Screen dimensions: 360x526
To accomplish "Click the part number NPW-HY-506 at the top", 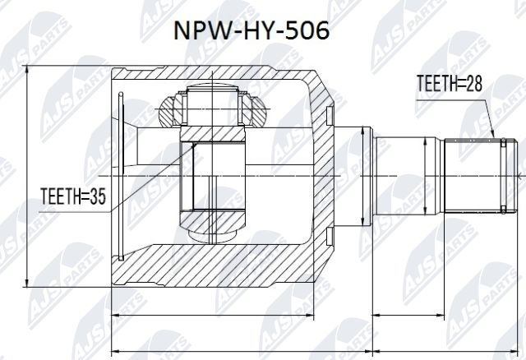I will tap(251, 30).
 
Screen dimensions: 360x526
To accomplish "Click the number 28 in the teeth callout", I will tap(474, 83).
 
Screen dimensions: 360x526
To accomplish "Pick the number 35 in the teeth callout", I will tap(98, 196).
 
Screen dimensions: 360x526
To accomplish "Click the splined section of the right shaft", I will tap(472, 174).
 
